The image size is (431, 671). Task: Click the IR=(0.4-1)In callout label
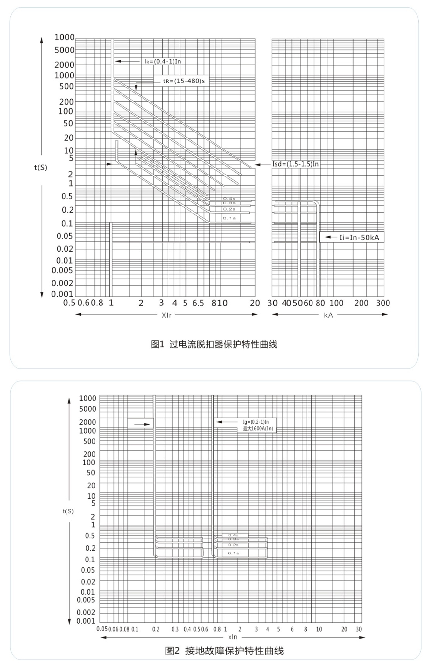(x=162, y=61)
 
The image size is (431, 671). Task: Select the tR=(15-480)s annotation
(x=184, y=81)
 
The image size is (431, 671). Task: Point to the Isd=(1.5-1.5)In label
(x=296, y=164)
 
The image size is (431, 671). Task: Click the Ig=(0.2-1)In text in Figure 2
(x=256, y=422)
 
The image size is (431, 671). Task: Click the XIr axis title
(x=167, y=315)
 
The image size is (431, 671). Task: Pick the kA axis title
(x=328, y=315)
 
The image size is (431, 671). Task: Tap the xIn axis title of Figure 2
(x=233, y=637)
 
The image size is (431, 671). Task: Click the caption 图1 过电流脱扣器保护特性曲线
(x=214, y=344)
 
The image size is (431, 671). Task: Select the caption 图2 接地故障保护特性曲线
(x=224, y=651)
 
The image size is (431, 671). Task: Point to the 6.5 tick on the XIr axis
(x=198, y=303)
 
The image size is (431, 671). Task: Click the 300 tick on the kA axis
(x=383, y=303)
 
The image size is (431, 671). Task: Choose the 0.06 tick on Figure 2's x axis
(x=113, y=629)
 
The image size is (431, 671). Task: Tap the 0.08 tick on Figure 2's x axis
(x=124, y=629)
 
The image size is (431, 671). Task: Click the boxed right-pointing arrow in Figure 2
(x=141, y=424)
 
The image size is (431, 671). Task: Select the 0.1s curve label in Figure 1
(x=229, y=218)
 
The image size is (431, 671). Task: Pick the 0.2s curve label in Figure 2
(x=233, y=545)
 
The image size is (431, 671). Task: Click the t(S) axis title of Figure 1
(x=41, y=167)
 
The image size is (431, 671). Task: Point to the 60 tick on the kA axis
(x=308, y=303)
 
